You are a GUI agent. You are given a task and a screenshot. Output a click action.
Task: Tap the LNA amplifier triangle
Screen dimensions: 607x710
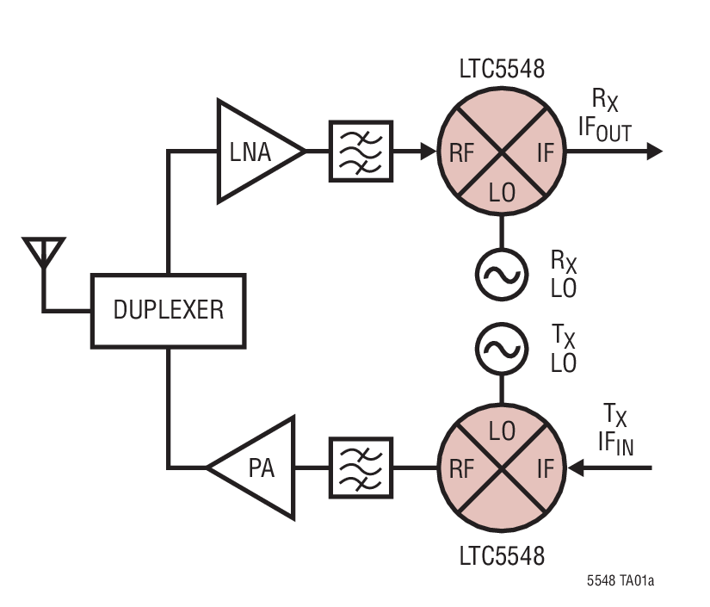click(254, 152)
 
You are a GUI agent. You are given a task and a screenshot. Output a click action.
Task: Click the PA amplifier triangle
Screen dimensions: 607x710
click(258, 468)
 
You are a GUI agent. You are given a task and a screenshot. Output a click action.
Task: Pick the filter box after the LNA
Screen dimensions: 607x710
click(361, 152)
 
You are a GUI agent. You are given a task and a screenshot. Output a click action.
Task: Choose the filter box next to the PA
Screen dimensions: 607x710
click(361, 468)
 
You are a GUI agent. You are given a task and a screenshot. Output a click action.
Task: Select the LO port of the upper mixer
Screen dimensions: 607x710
click(501, 192)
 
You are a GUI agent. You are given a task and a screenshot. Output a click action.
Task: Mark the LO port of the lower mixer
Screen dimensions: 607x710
click(501, 430)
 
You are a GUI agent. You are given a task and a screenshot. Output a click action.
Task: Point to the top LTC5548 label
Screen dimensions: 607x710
click(501, 70)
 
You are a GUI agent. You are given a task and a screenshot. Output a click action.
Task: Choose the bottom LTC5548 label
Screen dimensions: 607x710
click(501, 554)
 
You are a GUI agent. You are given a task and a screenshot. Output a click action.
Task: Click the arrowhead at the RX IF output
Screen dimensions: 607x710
click(654, 152)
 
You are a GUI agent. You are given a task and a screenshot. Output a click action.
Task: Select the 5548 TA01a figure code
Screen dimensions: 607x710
click(620, 582)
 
